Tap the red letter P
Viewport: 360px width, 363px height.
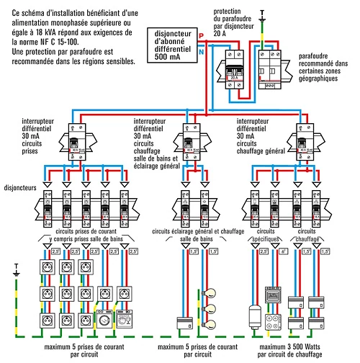(x=202, y=35)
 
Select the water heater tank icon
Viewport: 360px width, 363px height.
(x=253, y=317)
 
